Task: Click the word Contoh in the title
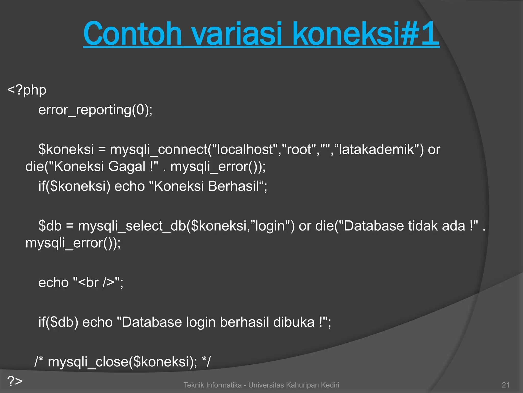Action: tap(132, 34)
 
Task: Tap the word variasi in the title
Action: tap(237, 34)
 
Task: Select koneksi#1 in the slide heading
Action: tap(366, 34)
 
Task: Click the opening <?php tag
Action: tap(27, 90)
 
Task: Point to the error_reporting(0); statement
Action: tap(95, 110)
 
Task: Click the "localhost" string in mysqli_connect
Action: tap(245, 149)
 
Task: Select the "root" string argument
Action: tap(299, 149)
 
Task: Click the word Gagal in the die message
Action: tap(127, 167)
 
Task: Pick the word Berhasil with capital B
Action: tap(233, 186)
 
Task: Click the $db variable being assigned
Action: tap(50, 226)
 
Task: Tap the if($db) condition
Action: tap(58, 322)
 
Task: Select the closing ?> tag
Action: tap(15, 381)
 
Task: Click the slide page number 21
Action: tap(505, 385)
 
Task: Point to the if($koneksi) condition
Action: tap(74, 186)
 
